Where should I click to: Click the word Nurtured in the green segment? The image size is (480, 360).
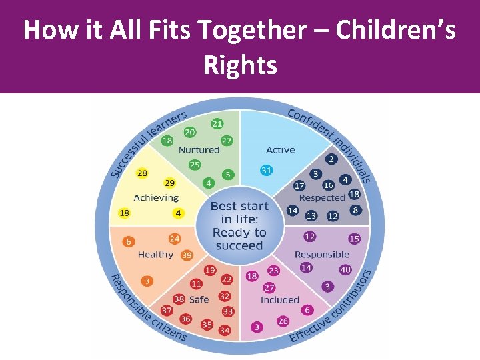[199, 150]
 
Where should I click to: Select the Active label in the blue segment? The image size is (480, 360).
[280, 150]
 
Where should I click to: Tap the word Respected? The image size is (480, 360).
[322, 198]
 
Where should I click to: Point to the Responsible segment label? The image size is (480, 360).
[321, 254]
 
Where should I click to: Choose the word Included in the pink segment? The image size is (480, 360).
[280, 300]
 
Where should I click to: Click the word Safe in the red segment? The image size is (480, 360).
[199, 299]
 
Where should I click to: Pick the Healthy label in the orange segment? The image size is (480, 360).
[155, 255]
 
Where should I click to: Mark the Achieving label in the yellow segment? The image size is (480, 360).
[156, 197]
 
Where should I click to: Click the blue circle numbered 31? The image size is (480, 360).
[267, 171]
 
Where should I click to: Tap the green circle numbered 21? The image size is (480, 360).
[217, 123]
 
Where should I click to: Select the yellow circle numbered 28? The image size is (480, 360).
[142, 173]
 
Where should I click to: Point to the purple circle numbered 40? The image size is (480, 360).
[345, 270]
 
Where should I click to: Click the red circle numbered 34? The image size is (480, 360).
[225, 331]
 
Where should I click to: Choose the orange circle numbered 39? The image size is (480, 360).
[187, 255]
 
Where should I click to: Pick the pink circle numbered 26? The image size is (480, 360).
[283, 321]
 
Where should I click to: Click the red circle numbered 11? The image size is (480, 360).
[196, 284]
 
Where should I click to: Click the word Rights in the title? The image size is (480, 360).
[240, 65]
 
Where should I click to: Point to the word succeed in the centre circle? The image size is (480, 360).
[240, 245]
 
